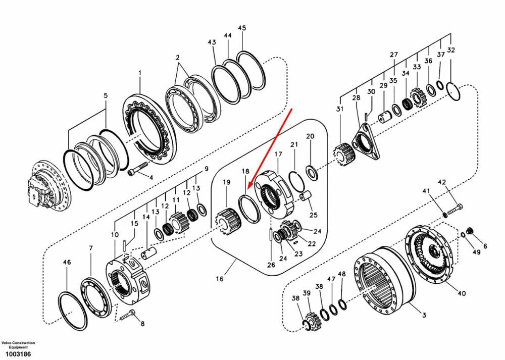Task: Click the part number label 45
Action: click(242, 28)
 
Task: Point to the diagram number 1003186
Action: click(16, 354)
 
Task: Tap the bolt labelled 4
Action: click(137, 169)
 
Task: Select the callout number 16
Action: click(220, 279)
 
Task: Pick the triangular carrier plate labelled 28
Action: click(365, 142)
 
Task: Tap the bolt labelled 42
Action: click(454, 209)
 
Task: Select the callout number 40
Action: click(462, 293)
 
